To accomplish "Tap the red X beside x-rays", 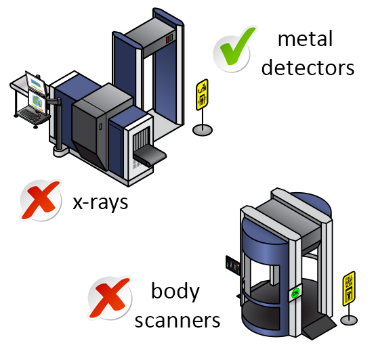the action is coord(40,200).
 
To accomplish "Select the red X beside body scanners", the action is coord(110,298).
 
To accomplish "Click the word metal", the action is coord(305,39).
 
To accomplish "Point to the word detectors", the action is coord(308,68).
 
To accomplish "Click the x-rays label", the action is coord(100,203).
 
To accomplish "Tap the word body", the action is coord(175,292).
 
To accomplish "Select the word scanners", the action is coord(177,321).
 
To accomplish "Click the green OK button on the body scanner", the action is coord(295,292).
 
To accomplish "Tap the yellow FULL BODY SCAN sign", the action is coord(349,288).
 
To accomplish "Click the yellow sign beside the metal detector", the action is coord(202,95).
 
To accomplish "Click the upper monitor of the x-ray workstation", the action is coord(36,83).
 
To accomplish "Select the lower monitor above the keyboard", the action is coord(37,102).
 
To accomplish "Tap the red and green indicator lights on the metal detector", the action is coord(169,39).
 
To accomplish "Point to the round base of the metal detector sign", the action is coord(203,131).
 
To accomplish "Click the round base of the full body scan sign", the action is coord(349,320).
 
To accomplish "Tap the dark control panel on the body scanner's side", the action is coord(232,265).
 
